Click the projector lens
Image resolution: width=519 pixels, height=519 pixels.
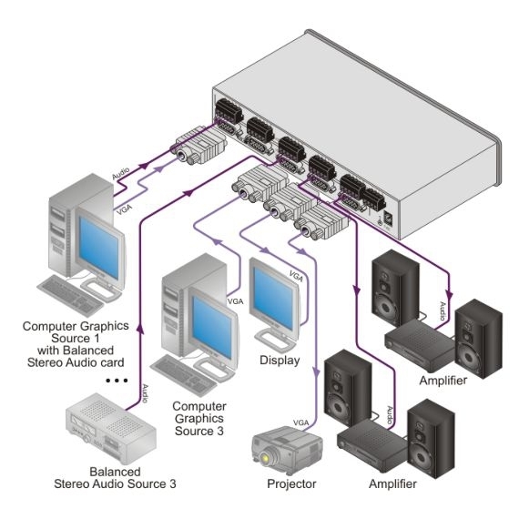(265, 458)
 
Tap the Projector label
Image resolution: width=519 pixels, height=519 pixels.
(291, 483)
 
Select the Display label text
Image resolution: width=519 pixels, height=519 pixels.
(280, 361)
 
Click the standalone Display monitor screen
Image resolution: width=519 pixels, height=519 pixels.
(273, 299)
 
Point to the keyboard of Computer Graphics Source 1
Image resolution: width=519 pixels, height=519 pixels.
(69, 295)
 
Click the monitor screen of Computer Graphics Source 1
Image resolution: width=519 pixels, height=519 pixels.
(98, 247)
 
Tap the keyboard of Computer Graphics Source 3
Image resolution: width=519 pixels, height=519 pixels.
(184, 375)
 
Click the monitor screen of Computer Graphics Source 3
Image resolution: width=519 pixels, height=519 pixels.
(212, 326)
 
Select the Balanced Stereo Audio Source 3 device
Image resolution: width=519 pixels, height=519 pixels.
(111, 428)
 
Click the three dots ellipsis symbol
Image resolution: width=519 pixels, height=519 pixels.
(117, 381)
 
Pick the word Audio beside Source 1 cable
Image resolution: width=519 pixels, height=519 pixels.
(120, 174)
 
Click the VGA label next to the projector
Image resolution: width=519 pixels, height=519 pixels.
(300, 422)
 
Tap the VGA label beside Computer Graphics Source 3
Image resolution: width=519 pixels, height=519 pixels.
(235, 301)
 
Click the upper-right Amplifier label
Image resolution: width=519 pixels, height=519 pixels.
(443, 381)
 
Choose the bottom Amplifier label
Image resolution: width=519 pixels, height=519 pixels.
(392, 483)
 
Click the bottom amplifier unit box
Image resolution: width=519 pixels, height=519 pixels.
(372, 445)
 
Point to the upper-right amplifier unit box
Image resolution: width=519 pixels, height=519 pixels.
(421, 344)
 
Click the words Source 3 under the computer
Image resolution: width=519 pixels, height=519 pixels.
(198, 431)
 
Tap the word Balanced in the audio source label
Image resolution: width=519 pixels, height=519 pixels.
(116, 472)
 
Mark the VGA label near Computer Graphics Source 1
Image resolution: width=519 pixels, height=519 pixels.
(125, 209)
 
